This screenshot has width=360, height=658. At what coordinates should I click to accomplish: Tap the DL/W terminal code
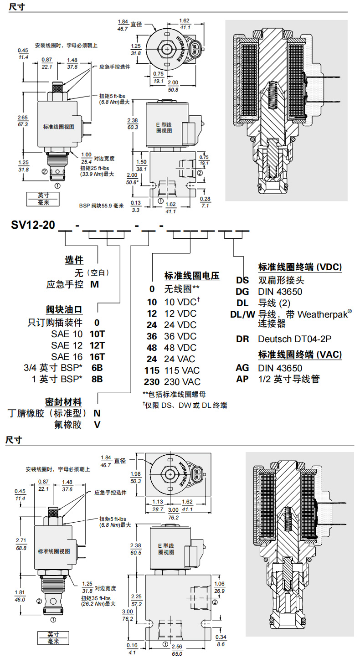click(243, 314)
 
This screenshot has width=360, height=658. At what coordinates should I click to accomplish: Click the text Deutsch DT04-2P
click(294, 339)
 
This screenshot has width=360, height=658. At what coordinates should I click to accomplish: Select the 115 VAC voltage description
click(184, 370)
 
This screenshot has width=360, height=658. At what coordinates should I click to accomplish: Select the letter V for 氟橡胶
click(97, 425)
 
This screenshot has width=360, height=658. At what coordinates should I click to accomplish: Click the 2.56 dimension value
click(177, 646)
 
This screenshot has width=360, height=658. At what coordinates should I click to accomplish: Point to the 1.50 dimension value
click(141, 162)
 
